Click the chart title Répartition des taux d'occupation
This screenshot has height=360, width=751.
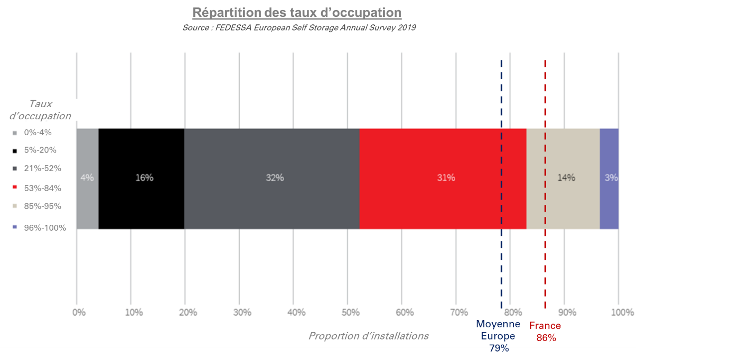[x=297, y=12]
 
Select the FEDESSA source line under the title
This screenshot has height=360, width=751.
[x=299, y=28]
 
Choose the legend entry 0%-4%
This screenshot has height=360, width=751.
[x=38, y=133]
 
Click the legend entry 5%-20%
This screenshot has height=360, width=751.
[x=40, y=150]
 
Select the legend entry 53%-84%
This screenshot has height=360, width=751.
[x=42, y=188]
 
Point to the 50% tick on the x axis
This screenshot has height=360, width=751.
[x=350, y=313]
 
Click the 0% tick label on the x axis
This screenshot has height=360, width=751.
[x=79, y=313]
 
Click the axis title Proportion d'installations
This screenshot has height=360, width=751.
[x=368, y=336]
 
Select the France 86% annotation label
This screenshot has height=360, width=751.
[x=545, y=332]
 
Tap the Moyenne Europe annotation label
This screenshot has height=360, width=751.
[x=498, y=330]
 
